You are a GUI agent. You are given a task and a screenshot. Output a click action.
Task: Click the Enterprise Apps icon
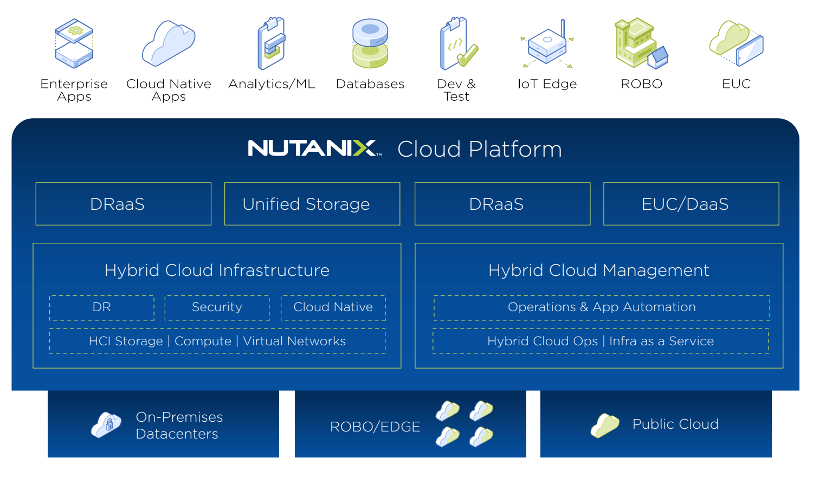pyautogui.click(x=74, y=43)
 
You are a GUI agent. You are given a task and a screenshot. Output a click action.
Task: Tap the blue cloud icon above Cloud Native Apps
pyautogui.click(x=168, y=43)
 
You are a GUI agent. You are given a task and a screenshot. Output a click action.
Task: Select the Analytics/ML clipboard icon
pyautogui.click(x=272, y=43)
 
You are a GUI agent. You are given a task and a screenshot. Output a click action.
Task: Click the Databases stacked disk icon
pyautogui.click(x=370, y=43)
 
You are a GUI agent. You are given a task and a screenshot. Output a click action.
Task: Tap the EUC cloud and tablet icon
pyautogui.click(x=737, y=43)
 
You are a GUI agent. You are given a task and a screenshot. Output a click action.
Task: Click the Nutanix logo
pyautogui.click(x=314, y=148)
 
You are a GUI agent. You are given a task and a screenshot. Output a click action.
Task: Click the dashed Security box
pyautogui.click(x=217, y=307)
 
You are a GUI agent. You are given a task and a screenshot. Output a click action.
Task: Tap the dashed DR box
pyautogui.click(x=102, y=307)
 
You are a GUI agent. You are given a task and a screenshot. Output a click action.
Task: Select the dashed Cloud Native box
pyautogui.click(x=333, y=307)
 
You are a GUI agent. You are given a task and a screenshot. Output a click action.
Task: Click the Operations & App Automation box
pyautogui.click(x=602, y=307)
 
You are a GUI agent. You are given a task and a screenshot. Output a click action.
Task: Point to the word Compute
pyautogui.click(x=203, y=341)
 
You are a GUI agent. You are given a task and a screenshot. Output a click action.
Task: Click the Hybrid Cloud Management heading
pyautogui.click(x=598, y=270)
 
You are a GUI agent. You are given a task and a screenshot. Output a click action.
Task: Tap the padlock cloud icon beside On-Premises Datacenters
pyautogui.click(x=106, y=424)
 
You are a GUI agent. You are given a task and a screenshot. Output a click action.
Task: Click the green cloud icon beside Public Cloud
pyautogui.click(x=605, y=425)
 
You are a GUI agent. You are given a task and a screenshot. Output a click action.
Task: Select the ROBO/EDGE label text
pyautogui.click(x=375, y=427)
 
